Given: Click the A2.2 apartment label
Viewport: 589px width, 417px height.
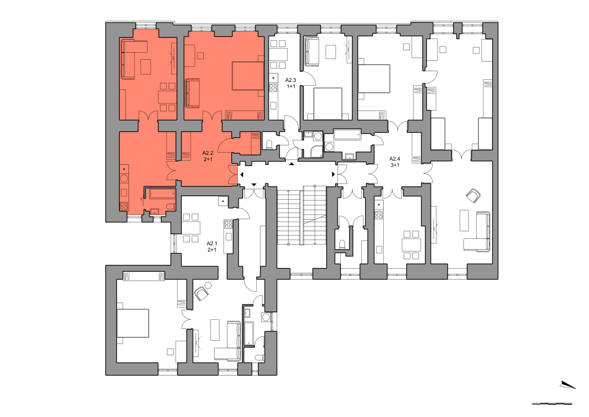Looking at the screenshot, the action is click(208, 153).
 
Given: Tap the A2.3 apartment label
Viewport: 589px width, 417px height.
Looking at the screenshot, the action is click(291, 80).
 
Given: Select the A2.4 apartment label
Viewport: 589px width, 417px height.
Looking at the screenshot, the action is click(395, 159).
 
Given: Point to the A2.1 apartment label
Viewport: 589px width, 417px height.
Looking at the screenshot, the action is click(212, 243).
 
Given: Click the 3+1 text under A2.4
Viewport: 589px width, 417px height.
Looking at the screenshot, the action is click(395, 165).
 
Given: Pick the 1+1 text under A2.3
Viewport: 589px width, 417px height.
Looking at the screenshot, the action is click(291, 86).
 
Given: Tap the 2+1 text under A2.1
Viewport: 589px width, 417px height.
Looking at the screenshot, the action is click(212, 250).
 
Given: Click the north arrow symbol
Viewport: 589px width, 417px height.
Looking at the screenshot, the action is click(568, 385).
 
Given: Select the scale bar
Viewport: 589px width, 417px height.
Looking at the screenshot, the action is click(552, 404).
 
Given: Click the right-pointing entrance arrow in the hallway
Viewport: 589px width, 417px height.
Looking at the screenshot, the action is click(333, 174).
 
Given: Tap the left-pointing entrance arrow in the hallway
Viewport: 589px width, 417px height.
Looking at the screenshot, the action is click(241, 175).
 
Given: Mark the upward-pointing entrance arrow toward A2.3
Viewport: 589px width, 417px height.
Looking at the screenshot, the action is click(292, 164).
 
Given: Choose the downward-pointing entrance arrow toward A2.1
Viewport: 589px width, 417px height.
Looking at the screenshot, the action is click(254, 185).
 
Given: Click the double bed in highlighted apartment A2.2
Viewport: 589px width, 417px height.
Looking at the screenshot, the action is click(248, 76).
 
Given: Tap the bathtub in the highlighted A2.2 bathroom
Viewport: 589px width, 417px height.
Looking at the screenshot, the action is click(162, 194).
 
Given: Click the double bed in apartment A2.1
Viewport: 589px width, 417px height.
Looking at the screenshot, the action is click(133, 323).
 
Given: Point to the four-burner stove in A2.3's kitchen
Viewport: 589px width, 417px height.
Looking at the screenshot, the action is click(273, 88).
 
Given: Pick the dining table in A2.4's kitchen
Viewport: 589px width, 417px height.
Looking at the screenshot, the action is click(411, 245).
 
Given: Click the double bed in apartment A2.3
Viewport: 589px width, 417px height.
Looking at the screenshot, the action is click(328, 104).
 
